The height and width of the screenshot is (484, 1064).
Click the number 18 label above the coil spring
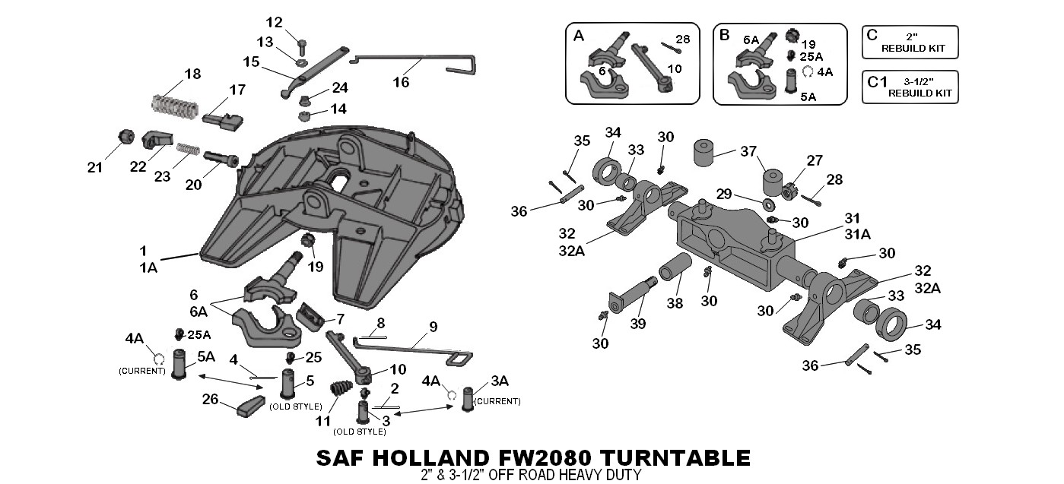(192, 74)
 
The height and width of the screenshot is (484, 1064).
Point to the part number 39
(637, 324)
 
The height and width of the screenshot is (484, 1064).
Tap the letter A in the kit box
(579, 35)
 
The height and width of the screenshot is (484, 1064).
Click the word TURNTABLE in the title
(675, 458)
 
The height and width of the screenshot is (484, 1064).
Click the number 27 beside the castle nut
(815, 161)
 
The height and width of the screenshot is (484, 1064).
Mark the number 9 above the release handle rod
(433, 327)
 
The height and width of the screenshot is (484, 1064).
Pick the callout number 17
(237, 90)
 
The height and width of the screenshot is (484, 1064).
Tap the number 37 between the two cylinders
(748, 151)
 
